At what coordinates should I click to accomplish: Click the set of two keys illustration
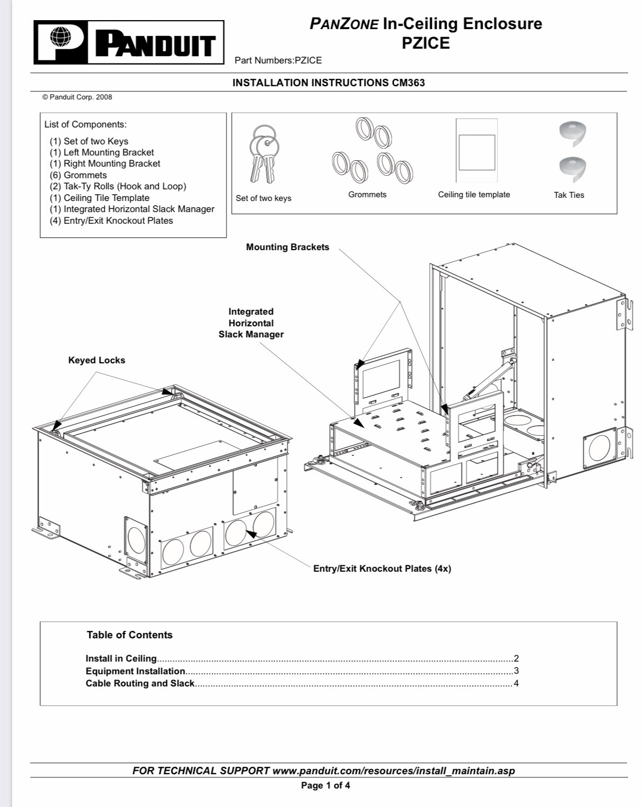(x=264, y=153)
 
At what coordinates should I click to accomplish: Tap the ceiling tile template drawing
(x=476, y=151)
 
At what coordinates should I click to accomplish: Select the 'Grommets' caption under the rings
(x=367, y=195)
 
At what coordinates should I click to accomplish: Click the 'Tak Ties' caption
(x=569, y=195)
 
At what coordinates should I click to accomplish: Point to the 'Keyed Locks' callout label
(x=97, y=360)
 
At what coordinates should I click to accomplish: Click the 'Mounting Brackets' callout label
(x=287, y=247)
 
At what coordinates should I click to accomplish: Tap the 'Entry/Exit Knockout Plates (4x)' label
(x=382, y=568)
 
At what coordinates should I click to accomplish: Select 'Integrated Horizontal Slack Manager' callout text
(x=251, y=323)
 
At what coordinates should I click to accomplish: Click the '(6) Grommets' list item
(x=78, y=175)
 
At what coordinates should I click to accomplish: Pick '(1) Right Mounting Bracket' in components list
(x=105, y=163)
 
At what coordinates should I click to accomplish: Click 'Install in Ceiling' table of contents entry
(x=121, y=658)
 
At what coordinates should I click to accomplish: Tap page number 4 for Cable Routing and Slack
(x=516, y=683)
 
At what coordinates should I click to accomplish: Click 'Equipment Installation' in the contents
(x=135, y=671)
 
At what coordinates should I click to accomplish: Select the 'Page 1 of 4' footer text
(x=325, y=785)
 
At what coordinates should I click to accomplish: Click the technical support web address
(x=393, y=771)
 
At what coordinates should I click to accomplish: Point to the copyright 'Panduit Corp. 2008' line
(x=77, y=97)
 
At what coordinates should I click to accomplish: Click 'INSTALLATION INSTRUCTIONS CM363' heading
(x=329, y=82)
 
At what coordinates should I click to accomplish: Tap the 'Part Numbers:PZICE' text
(x=278, y=60)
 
